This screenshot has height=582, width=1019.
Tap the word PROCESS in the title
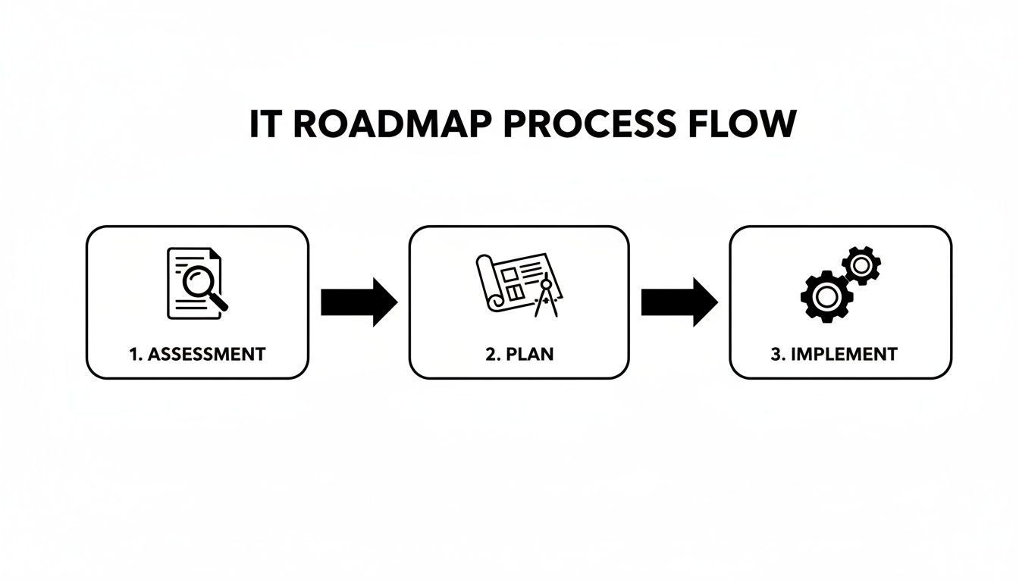[x=582, y=125]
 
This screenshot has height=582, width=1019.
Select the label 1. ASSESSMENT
[x=197, y=354]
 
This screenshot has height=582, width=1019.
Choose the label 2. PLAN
[x=519, y=354]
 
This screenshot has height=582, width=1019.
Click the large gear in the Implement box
[x=826, y=296]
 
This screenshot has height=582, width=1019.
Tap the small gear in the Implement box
[x=861, y=265]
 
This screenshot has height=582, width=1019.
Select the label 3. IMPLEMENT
[x=834, y=354]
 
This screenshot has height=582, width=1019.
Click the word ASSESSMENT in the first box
[x=206, y=354]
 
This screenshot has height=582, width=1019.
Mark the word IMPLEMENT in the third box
[x=844, y=354]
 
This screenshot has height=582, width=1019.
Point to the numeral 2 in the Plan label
[x=490, y=354]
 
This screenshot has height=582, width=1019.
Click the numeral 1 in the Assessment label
[x=134, y=354]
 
